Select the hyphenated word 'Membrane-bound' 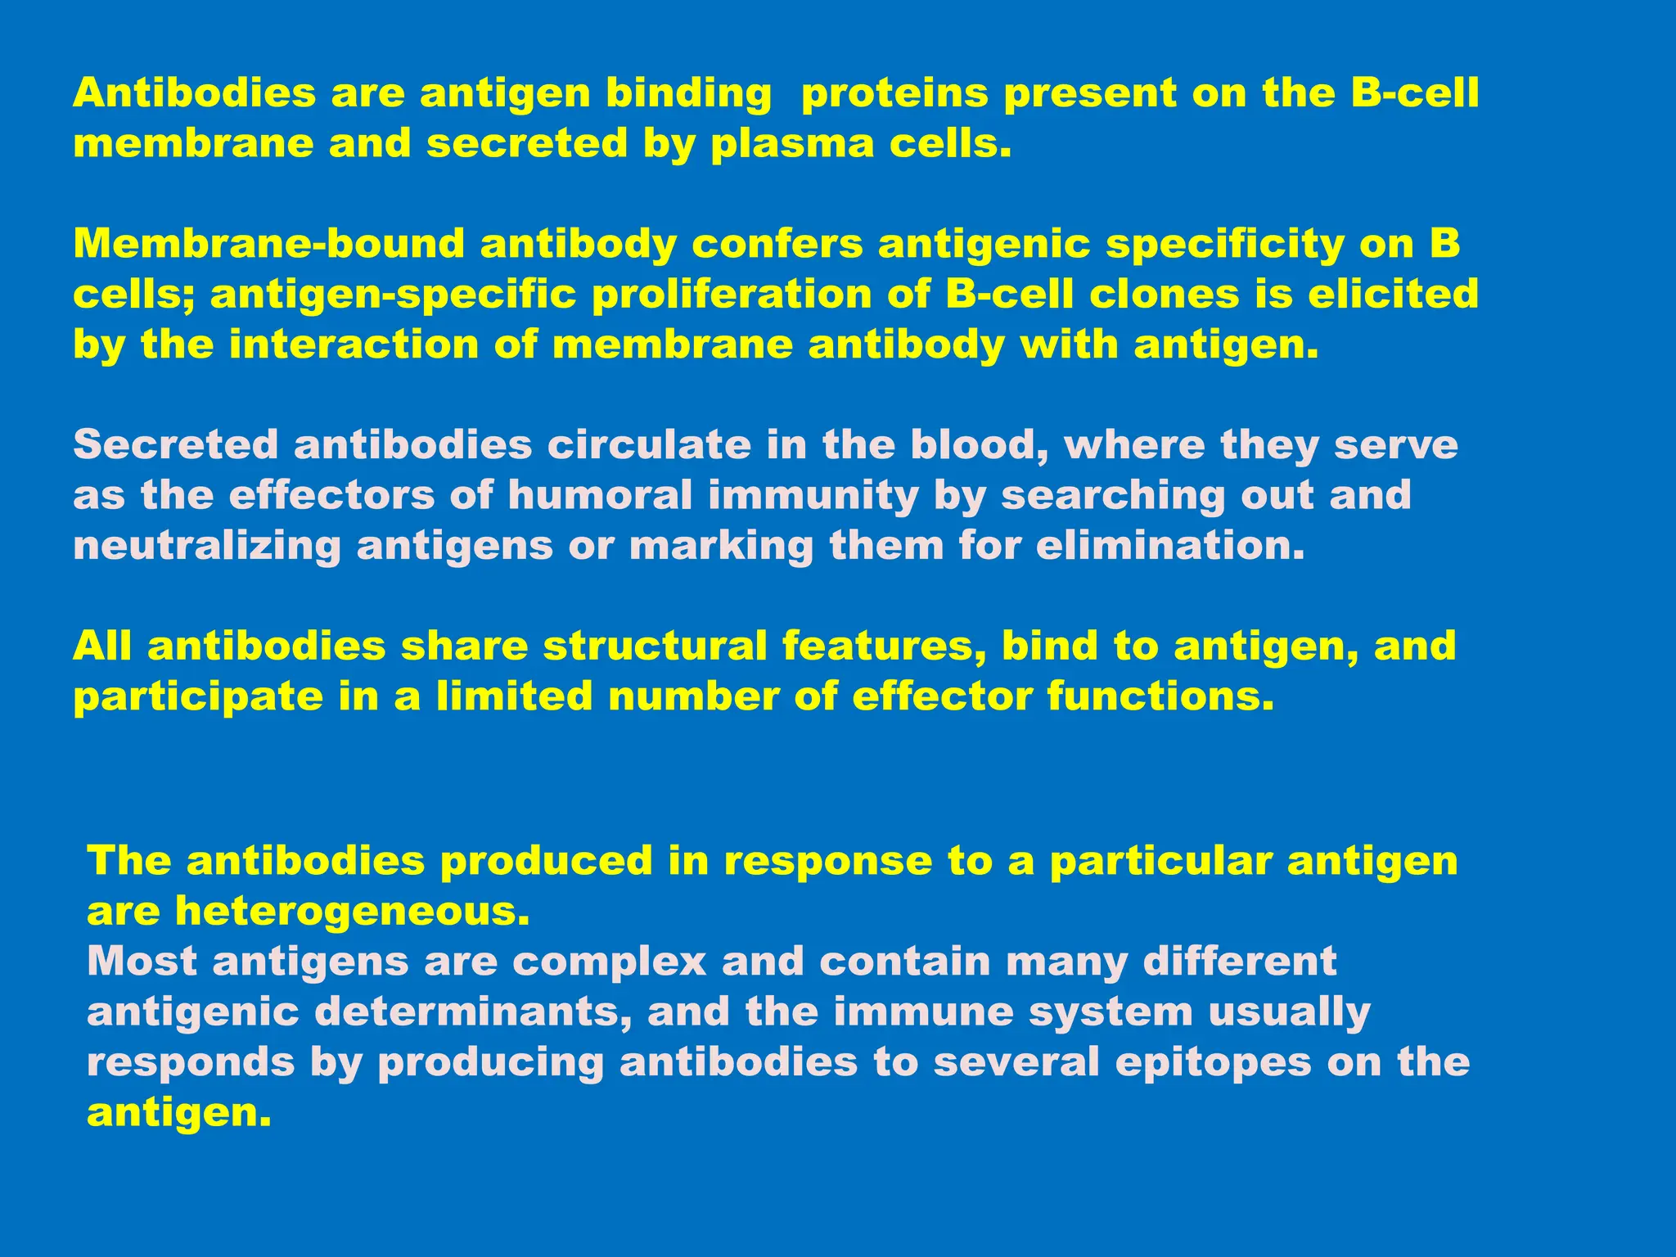tap(269, 244)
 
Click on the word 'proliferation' tap(732, 295)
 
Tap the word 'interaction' tap(354, 345)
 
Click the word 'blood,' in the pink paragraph tap(980, 446)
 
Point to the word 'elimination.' tap(1170, 546)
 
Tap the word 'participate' tap(198, 698)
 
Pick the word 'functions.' tap(1160, 697)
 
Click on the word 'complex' tap(609, 962)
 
